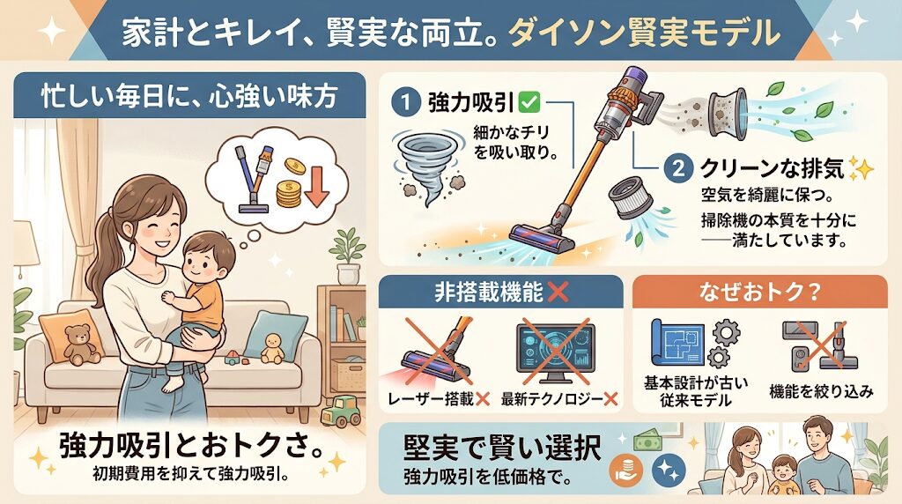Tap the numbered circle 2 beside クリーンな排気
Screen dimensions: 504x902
676,168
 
